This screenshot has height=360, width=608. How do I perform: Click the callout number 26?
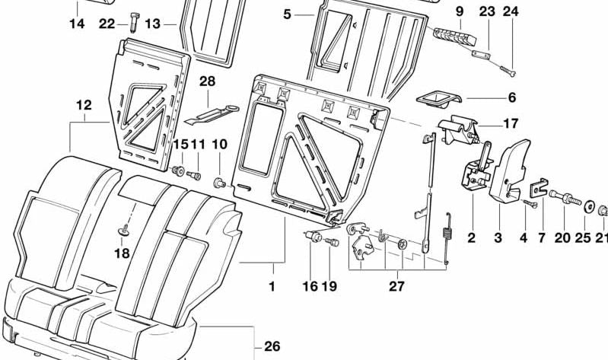click(x=272, y=346)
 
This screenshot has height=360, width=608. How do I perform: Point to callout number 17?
click(x=510, y=123)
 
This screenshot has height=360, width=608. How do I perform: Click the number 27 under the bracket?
click(x=396, y=286)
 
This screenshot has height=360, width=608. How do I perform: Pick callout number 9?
click(x=459, y=11)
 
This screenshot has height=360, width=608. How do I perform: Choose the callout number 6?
click(x=511, y=97)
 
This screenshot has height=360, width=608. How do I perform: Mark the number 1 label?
click(x=272, y=287)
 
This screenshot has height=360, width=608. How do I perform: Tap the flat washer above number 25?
click(x=588, y=204)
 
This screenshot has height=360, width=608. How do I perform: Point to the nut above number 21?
click(x=601, y=209)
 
